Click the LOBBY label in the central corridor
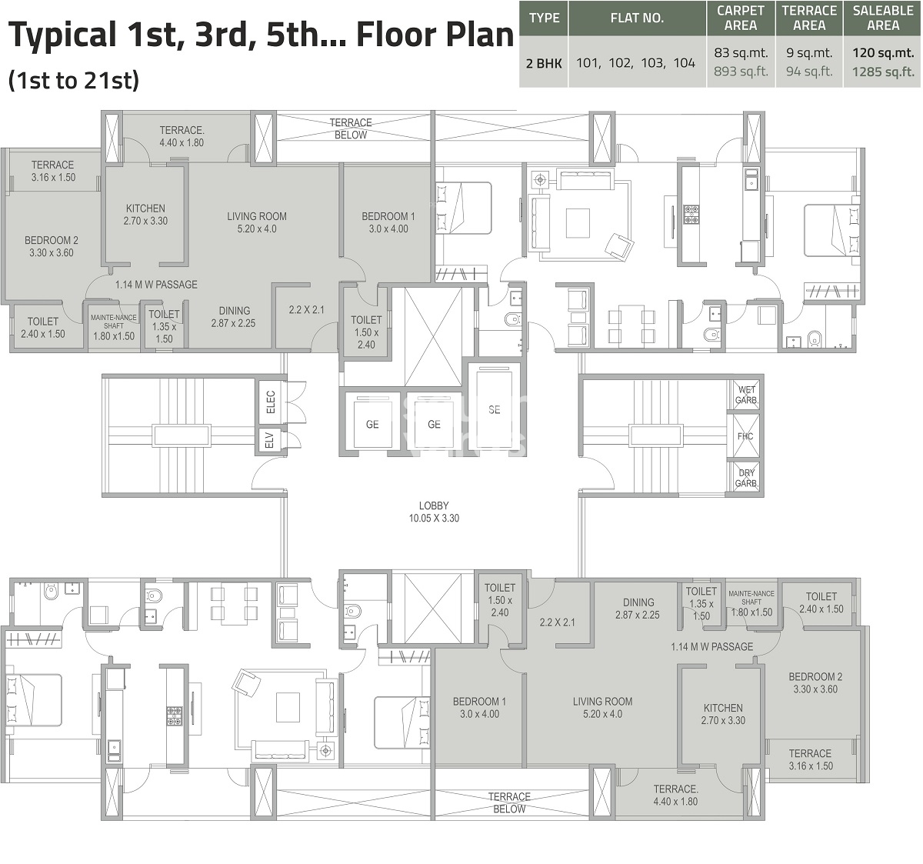pos(434,505)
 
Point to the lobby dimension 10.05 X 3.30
pos(434,519)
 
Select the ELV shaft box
pos(270,441)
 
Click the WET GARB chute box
pos(745,395)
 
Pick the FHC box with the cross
pos(745,436)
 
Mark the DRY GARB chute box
pos(745,478)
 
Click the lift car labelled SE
pos(494,410)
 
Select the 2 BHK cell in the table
pos(544,63)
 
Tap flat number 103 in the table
pos(651,63)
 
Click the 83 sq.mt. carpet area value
pos(741,53)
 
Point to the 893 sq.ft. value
pos(741,72)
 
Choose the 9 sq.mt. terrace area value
pos(809,53)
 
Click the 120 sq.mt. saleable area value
pos(883,53)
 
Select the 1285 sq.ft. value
pos(883,72)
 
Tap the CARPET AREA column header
pos(741,18)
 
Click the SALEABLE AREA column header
pos(883,18)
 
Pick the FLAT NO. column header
pos(637,18)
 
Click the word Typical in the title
pos(58,37)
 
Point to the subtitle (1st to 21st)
pos(74,80)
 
